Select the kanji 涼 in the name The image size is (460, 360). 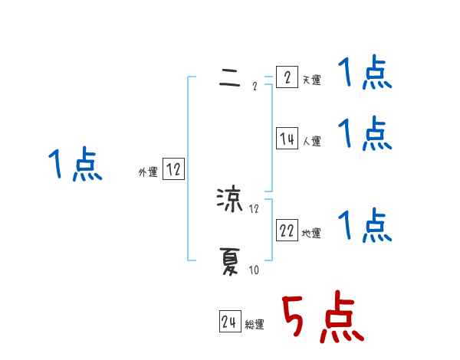[x=230, y=201]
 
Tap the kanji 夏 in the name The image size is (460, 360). [x=230, y=264]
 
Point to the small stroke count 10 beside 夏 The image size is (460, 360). [x=254, y=270]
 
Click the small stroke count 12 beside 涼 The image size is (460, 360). [x=255, y=208]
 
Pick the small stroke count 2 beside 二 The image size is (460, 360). [x=255, y=86]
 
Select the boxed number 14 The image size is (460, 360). [x=287, y=139]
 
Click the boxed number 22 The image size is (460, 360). [x=287, y=231]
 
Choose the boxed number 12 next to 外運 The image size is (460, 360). [x=173, y=170]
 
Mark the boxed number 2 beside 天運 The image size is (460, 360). [x=287, y=77]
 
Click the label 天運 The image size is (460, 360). [x=312, y=80]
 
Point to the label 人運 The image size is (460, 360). [x=312, y=141]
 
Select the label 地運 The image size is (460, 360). [x=311, y=233]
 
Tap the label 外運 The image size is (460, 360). [x=148, y=172]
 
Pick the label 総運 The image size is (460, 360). [x=255, y=325]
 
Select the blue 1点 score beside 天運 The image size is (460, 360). [x=365, y=75]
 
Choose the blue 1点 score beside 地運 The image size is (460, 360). [x=365, y=225]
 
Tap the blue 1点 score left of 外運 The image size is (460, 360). [x=75, y=165]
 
